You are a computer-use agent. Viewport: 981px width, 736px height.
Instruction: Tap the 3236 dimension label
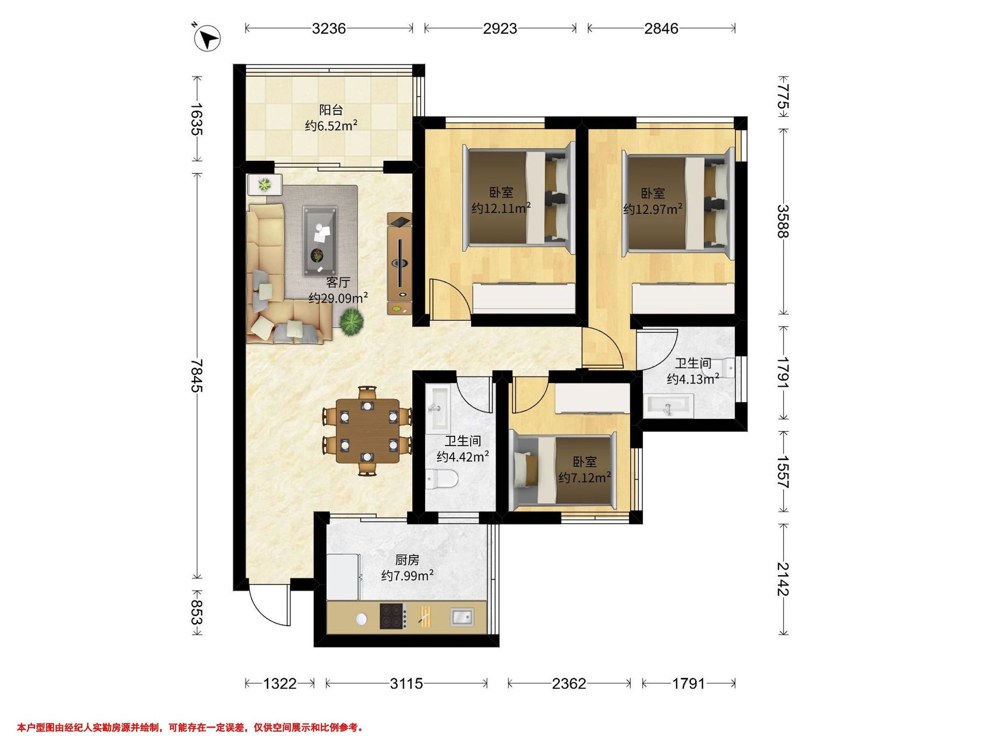(x=329, y=28)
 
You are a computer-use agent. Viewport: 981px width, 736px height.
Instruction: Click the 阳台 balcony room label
(x=331, y=110)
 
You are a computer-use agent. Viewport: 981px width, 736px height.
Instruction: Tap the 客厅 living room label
(x=338, y=282)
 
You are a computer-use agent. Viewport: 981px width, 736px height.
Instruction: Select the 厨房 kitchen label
(x=407, y=560)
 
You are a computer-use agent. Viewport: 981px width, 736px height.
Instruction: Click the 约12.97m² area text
(x=653, y=209)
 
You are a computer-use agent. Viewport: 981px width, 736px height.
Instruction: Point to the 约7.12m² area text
(x=585, y=477)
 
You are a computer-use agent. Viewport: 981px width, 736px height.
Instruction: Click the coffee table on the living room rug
(x=319, y=240)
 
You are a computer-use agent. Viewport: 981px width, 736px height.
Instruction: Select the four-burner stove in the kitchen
(x=393, y=616)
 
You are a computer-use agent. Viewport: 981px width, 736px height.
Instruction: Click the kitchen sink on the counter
(x=462, y=617)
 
